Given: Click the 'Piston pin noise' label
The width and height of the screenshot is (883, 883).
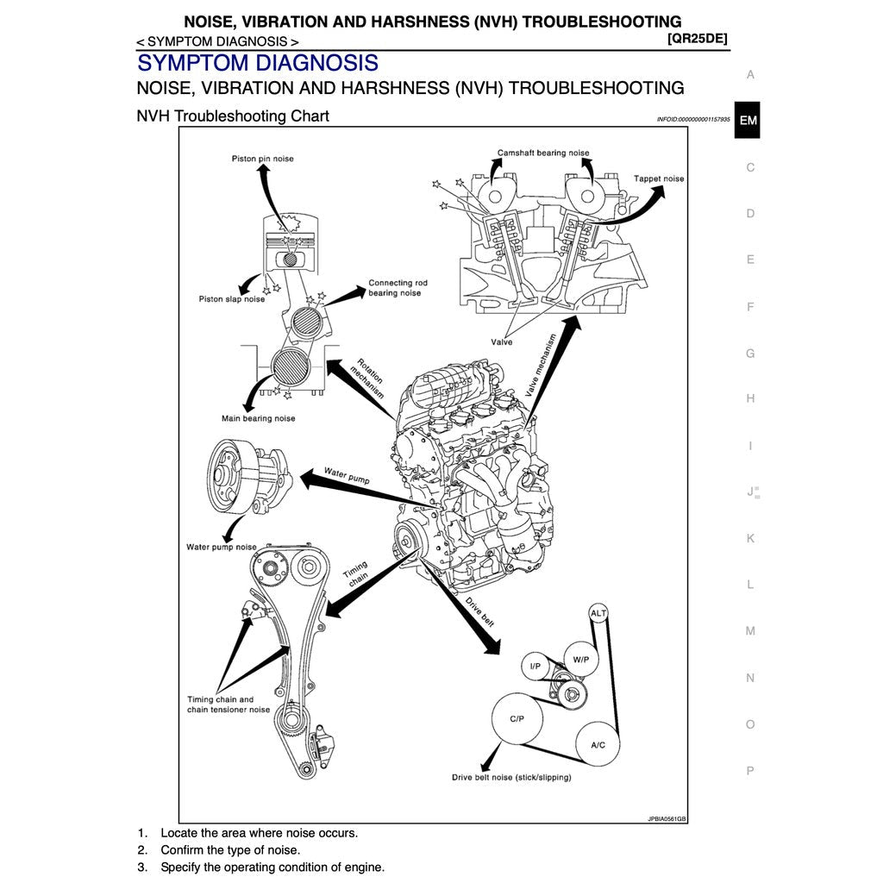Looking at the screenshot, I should [x=262, y=159].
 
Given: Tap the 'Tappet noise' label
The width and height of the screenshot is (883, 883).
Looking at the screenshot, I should [x=659, y=178].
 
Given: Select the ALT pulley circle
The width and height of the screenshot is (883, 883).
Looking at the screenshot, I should [x=598, y=613].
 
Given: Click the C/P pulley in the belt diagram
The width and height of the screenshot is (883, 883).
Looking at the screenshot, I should [x=517, y=717].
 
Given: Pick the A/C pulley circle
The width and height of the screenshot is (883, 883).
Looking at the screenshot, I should [x=598, y=744].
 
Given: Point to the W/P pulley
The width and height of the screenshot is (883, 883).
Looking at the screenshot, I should [x=580, y=660].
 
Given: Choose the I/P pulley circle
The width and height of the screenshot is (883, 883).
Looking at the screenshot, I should [x=535, y=666].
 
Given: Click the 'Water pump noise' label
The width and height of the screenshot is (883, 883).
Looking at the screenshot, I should [x=222, y=547].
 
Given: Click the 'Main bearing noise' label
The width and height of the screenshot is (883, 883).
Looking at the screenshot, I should [x=258, y=418].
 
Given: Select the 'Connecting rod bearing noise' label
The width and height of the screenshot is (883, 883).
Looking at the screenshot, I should [x=397, y=288].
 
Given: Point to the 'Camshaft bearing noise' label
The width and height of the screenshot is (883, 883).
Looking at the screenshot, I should [x=543, y=153].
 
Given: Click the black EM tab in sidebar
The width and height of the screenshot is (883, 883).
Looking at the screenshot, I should [x=748, y=121].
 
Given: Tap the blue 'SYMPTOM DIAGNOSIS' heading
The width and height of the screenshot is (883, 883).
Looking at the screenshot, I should [x=257, y=63].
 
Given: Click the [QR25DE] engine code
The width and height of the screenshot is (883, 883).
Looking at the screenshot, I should [x=697, y=39].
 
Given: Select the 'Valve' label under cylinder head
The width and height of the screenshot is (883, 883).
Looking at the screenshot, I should [x=502, y=342].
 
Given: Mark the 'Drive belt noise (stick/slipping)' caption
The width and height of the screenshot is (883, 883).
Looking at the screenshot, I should [x=510, y=777].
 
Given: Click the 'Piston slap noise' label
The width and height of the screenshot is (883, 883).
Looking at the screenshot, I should [x=232, y=299].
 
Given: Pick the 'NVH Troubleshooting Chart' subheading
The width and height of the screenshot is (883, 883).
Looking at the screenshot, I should [x=233, y=116].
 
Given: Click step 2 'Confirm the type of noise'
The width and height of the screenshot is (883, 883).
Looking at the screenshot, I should [x=230, y=850].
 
